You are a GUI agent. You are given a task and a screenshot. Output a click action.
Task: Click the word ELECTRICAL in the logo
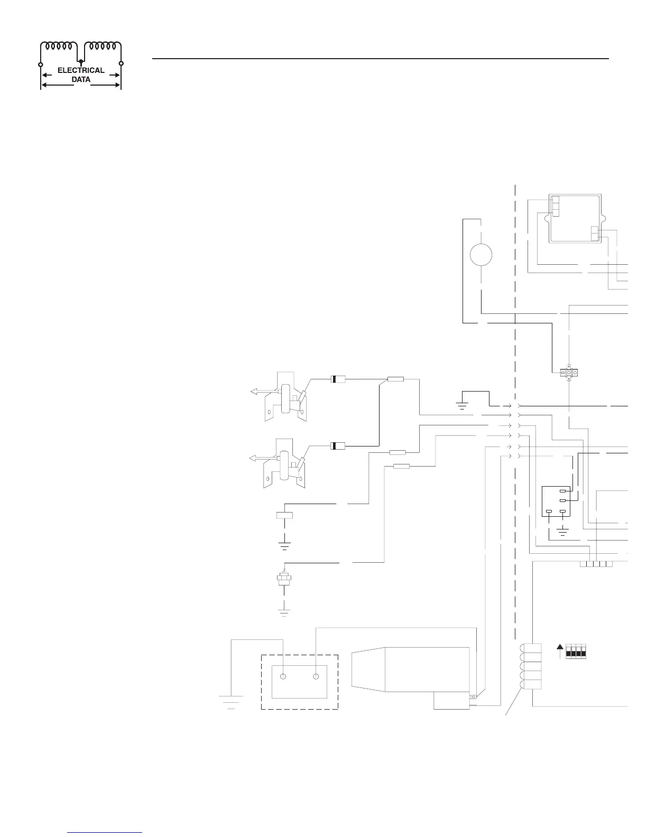(81, 70)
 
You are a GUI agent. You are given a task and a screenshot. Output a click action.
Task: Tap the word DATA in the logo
(81, 80)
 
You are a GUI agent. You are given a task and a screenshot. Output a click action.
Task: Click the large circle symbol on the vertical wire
(481, 255)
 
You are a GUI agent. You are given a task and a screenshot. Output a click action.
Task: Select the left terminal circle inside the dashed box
(283, 677)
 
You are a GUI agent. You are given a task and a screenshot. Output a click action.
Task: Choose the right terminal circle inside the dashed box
(316, 677)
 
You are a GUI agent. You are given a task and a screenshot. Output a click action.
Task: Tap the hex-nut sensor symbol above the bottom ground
(284, 579)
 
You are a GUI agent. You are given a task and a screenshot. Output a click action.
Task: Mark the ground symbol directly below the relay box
(563, 531)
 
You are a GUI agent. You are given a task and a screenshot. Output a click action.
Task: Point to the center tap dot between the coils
(80, 62)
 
